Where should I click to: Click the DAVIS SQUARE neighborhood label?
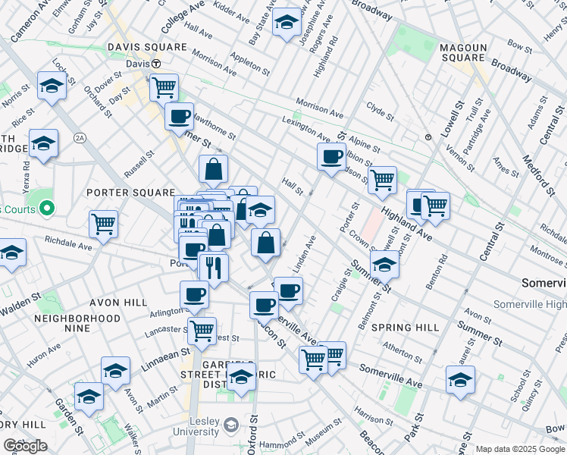(147, 47)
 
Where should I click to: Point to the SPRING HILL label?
(406, 328)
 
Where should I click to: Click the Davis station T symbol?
(155, 64)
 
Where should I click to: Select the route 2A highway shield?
(80, 137)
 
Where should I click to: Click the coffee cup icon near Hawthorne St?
(179, 117)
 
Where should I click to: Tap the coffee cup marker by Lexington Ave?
(331, 157)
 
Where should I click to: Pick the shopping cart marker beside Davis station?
(164, 87)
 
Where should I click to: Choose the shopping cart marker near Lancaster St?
(202, 331)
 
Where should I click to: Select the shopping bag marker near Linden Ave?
(266, 243)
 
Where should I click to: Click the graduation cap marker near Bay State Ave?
(287, 22)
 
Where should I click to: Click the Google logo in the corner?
(25, 446)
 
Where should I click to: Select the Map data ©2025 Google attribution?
(519, 449)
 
